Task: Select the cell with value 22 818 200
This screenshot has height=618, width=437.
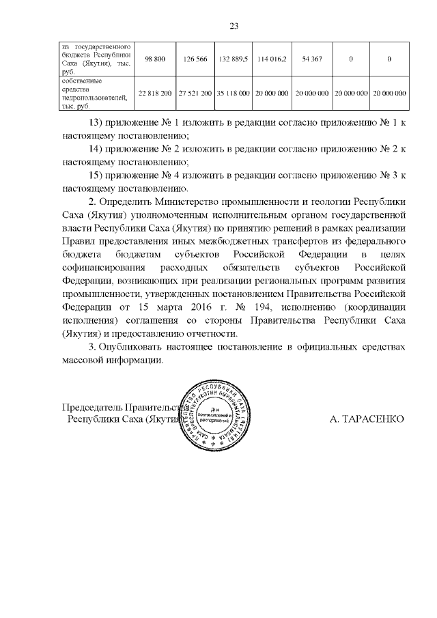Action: pyautogui.click(x=155, y=93)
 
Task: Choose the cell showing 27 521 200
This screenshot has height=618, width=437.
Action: pyautogui.click(x=195, y=93)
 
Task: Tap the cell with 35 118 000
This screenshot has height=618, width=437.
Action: pyautogui.click(x=234, y=93)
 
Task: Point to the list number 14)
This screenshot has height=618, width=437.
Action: pyautogui.click(x=98, y=149)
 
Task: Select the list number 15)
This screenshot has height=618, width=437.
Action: pyautogui.click(x=98, y=175)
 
